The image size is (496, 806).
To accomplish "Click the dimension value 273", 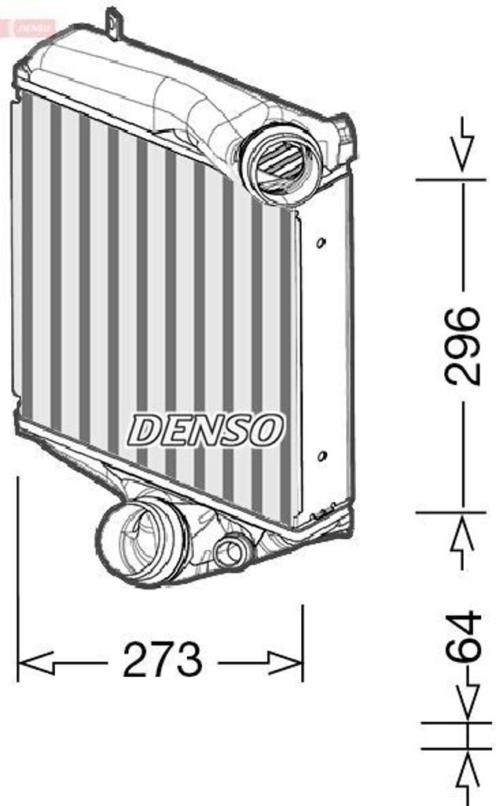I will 162,660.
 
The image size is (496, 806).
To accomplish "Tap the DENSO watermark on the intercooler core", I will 206,429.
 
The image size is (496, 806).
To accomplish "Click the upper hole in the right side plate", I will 321,242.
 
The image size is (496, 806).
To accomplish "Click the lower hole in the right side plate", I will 321,456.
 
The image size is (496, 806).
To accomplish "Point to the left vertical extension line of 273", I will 18,567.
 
